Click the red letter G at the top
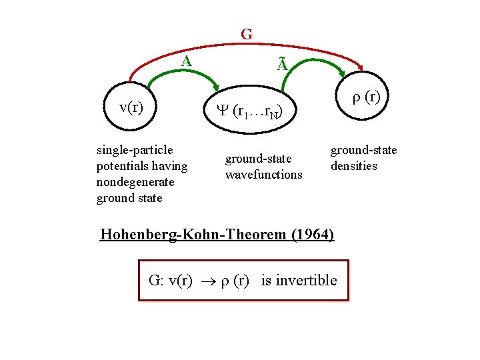[x=247, y=34]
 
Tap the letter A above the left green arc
[x=187, y=61]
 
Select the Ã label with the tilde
[x=282, y=65]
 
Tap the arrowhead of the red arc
[x=361, y=67]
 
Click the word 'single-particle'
[x=135, y=150]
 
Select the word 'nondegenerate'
[x=135, y=182]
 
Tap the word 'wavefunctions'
[x=264, y=175]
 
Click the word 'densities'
[x=354, y=166]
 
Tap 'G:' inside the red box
[x=156, y=280]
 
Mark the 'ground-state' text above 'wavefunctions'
[x=259, y=159]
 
